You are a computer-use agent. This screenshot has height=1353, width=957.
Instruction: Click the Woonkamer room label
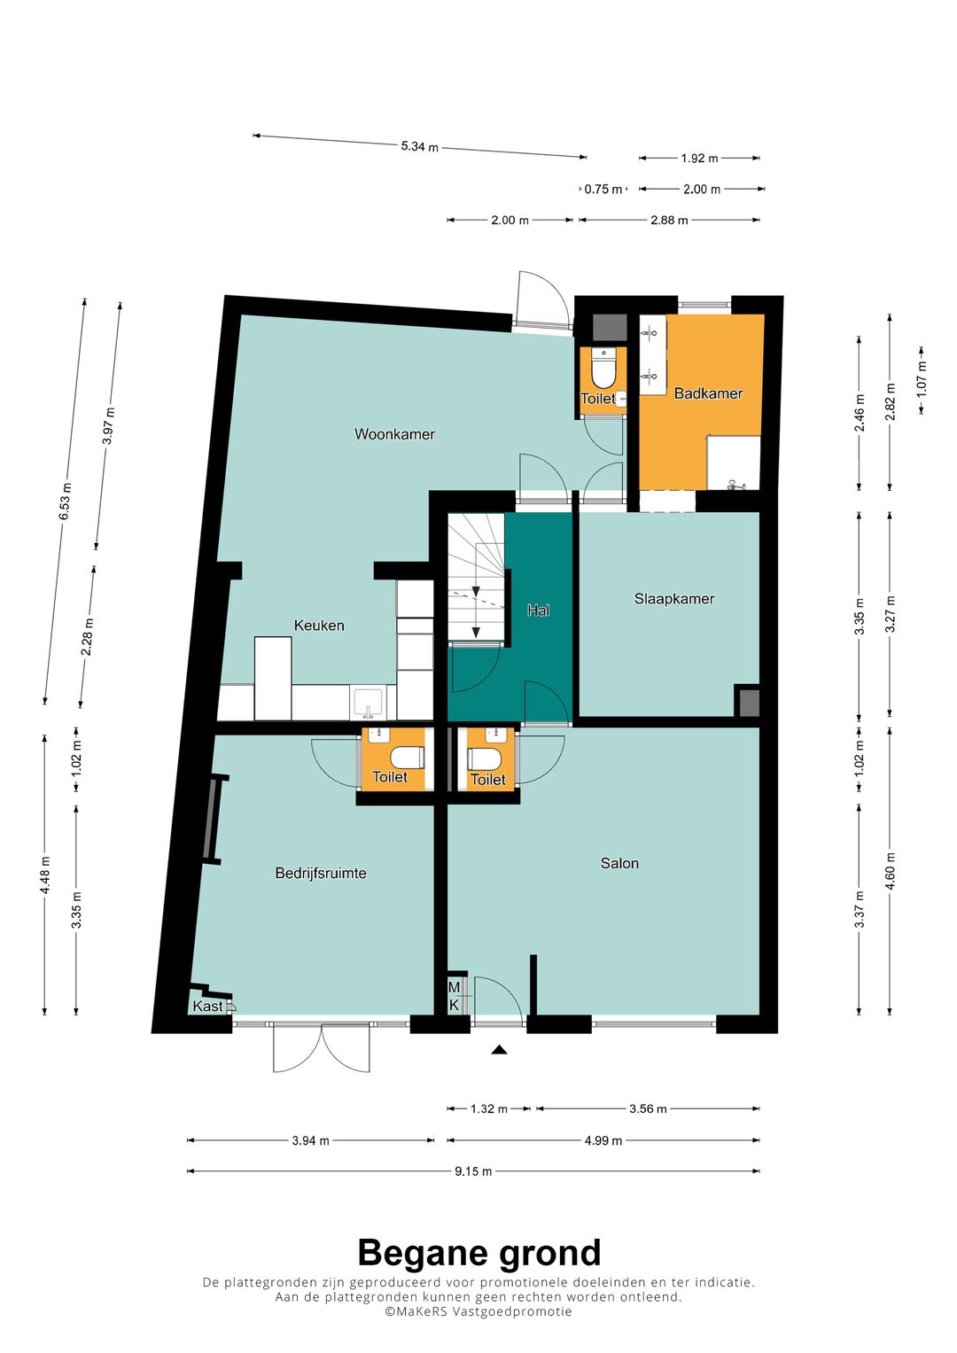394,433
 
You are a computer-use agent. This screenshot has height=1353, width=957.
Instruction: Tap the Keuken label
319,626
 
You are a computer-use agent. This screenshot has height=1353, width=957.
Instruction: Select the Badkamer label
708,393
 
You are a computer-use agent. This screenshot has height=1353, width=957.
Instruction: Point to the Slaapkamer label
674,599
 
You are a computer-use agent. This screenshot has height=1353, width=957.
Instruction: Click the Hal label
539,610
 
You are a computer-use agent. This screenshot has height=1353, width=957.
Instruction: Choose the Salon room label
619,863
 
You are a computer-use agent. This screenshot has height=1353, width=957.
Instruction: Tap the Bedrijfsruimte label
321,873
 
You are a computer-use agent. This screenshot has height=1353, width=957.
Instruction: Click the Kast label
208,1007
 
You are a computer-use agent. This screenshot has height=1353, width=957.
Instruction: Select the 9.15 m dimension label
473,1171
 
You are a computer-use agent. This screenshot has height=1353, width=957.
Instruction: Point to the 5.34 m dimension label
419,146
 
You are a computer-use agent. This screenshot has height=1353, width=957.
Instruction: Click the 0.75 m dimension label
603,189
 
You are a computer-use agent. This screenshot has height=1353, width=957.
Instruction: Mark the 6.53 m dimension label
66,502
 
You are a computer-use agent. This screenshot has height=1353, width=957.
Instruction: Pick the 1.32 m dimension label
489,1108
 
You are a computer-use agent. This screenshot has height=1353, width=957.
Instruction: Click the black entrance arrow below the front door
498,1050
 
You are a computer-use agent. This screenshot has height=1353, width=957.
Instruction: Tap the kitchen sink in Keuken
368,703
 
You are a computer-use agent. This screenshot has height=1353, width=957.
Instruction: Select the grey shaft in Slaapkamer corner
747,701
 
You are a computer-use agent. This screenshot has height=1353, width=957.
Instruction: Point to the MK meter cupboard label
455,996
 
